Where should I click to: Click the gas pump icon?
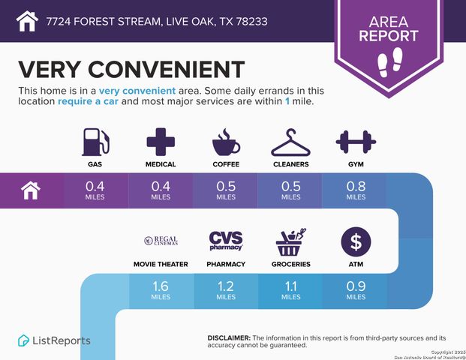(96, 141)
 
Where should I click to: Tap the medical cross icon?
(161, 141)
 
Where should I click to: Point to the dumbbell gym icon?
(354, 141)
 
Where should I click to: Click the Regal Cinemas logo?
(161, 241)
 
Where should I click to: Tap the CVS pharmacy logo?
(225, 241)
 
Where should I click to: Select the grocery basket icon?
(290, 241)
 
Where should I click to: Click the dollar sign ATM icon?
(355, 241)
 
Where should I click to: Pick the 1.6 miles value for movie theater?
(161, 289)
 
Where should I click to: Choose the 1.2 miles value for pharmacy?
(225, 289)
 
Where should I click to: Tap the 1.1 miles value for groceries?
(290, 289)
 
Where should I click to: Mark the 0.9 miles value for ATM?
(355, 289)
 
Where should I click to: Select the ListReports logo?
(54, 340)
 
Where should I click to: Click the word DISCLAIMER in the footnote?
(228, 338)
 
